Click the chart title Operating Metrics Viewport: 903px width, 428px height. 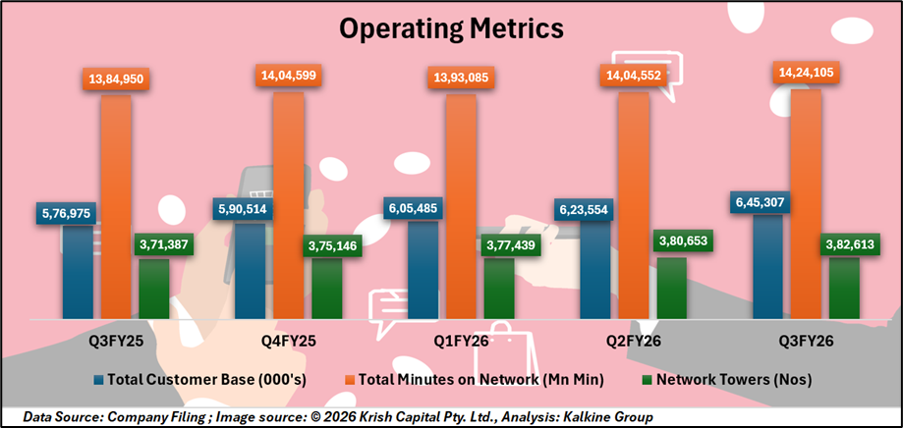click(x=451, y=27)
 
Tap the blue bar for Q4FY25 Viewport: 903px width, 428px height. click(x=251, y=270)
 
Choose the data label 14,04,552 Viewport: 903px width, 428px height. click(x=633, y=77)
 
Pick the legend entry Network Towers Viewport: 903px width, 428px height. click(x=720, y=379)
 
